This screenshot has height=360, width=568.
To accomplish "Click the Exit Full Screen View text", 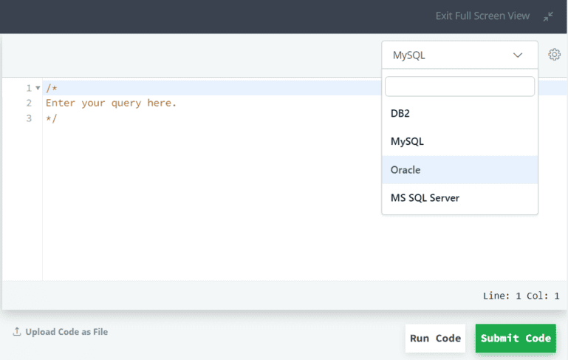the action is (x=482, y=16).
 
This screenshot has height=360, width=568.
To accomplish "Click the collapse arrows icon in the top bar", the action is (x=548, y=16).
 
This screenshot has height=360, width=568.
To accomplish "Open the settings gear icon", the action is (x=554, y=55).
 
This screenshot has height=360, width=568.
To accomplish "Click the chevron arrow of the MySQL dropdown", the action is (x=518, y=55).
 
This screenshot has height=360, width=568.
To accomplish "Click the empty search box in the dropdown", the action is (x=459, y=86).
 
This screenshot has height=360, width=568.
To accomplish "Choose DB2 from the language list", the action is (x=400, y=114).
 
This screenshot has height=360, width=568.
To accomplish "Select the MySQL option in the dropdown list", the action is (x=407, y=141).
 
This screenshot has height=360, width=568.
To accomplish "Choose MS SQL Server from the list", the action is (x=425, y=198).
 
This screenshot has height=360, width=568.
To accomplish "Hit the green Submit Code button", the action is (x=516, y=339).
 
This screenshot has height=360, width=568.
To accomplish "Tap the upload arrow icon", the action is (x=17, y=331).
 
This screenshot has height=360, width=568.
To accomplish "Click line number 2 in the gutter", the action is (x=29, y=103).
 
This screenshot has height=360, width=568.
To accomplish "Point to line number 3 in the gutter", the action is (x=29, y=118).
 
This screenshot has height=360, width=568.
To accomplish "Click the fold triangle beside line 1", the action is (x=38, y=88).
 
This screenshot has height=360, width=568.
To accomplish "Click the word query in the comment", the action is (x=126, y=103).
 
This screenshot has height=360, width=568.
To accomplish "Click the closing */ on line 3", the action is (x=52, y=118).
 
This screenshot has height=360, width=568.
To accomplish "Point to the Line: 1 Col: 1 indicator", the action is (x=521, y=296).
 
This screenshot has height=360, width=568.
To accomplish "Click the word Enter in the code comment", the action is (x=60, y=103).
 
